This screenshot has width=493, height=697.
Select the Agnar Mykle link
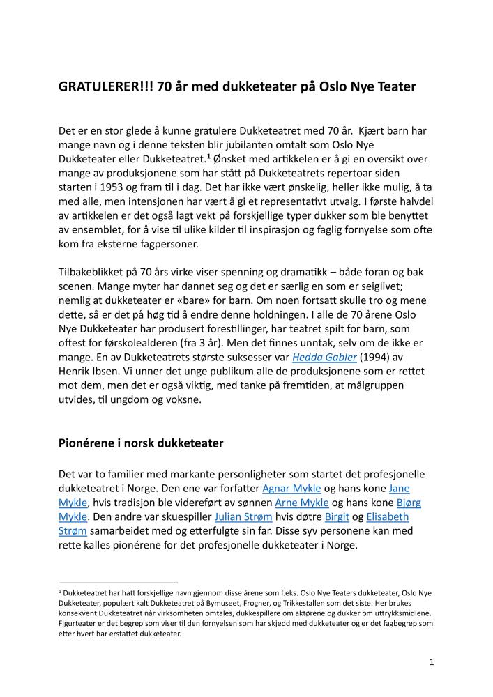[x=292, y=488]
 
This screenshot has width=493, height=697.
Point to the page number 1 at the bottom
[x=432, y=662]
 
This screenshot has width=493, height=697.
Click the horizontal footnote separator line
[x=118, y=582]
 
